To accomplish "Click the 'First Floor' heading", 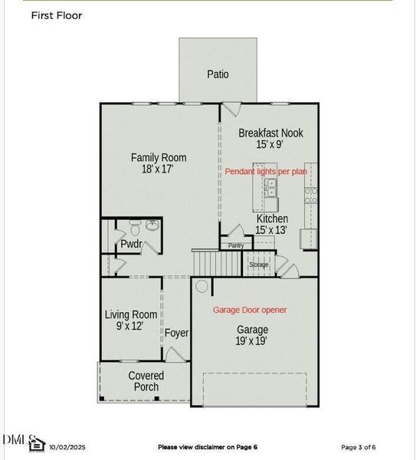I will tap(57, 15).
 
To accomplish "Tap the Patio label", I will tap(218, 74).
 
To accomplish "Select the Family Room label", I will tap(158, 158).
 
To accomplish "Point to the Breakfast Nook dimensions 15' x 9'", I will tap(270, 144).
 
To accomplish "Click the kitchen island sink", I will tap(261, 184).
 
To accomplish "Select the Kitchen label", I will tap(272, 219).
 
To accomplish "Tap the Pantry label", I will tap(236, 245).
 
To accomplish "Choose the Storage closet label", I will tap(259, 264).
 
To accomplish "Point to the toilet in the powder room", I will tap(135, 227).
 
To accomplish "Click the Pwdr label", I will tap(131, 245).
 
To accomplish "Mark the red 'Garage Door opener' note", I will tap(249, 310).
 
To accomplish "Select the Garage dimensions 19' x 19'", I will tap(251, 340).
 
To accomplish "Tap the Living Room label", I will tap(131, 314).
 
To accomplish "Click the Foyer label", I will tap(176, 333).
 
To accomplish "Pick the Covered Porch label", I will tap(146, 381).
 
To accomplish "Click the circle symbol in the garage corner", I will tap(201, 287).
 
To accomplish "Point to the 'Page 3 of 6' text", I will tap(358, 447).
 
